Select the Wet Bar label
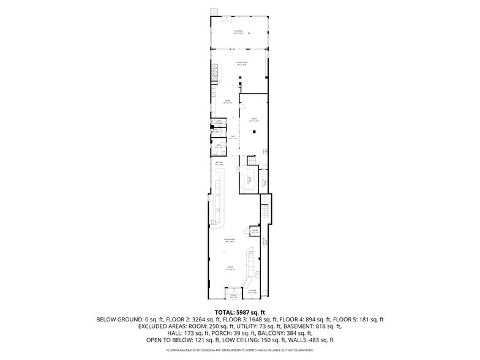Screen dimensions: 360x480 219,163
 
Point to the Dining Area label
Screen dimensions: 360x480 230,241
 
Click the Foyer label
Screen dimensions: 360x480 230,268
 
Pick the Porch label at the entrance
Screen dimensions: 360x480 233,295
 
